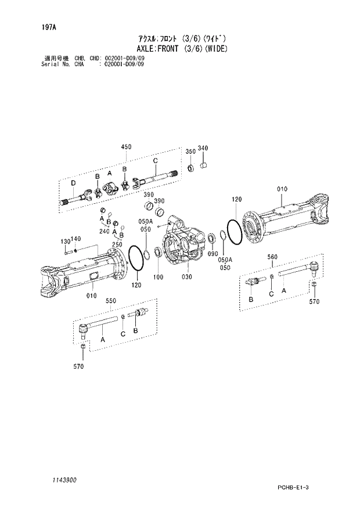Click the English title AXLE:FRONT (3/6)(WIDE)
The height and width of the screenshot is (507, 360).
click(182, 48)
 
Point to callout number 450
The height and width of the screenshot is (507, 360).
click(127, 148)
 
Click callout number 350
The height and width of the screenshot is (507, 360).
click(190, 151)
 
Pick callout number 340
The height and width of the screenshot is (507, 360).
click(203, 148)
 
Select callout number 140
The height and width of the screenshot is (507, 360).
click(75, 239)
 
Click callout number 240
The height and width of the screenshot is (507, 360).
click(104, 231)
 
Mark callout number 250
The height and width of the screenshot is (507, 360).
click(117, 244)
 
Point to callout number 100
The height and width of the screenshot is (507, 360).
click(158, 278)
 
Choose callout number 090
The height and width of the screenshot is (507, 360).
click(212, 254)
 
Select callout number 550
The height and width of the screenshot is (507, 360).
click(111, 301)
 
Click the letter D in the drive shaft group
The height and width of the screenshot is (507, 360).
click(73, 184)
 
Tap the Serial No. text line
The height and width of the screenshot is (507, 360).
click(92, 64)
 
